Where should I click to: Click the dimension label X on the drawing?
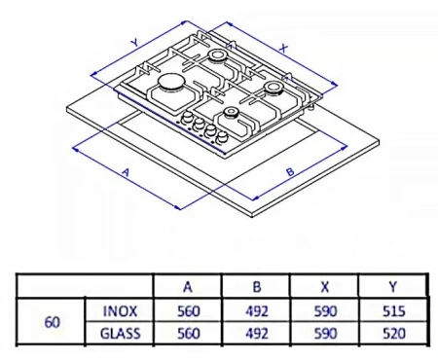point(282,45)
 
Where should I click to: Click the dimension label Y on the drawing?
point(132,42)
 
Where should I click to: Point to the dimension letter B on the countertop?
point(290,172)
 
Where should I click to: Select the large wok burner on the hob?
point(169,87)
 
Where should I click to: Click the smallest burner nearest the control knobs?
point(230,114)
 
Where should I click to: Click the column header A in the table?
point(187,288)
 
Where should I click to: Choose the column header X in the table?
point(324,288)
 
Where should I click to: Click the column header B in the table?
point(255,288)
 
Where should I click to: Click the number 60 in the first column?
point(52,322)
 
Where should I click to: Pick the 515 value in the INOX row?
point(393,311)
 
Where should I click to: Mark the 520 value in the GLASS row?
point(393,333)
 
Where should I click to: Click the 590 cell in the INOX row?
point(324,311)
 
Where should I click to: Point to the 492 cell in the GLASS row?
point(255,333)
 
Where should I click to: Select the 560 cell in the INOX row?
point(187,311)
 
